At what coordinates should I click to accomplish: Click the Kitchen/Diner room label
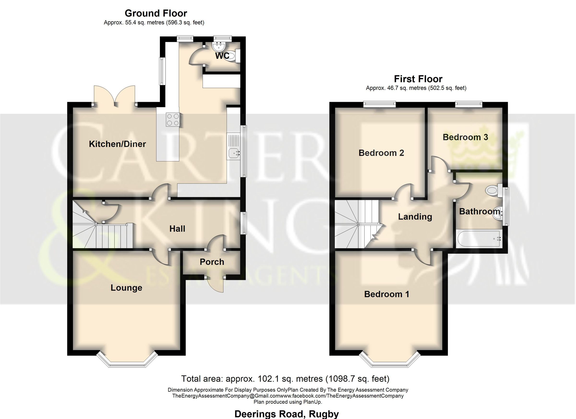coord(117,144)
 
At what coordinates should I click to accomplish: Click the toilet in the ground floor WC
coord(231,56)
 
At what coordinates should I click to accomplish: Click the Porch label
coord(212,262)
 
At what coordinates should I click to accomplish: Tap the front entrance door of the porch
coord(216,285)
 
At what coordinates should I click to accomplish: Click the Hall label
coord(177,229)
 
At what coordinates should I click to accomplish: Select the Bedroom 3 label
coord(465,137)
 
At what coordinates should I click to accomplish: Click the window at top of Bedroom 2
coord(380,104)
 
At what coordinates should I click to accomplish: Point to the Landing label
coord(415,217)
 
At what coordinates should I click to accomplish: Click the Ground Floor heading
coord(156,13)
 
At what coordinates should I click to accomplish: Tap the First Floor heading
coord(418,79)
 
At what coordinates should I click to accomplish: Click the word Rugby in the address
coord(324,414)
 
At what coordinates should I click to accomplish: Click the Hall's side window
coord(244,223)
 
